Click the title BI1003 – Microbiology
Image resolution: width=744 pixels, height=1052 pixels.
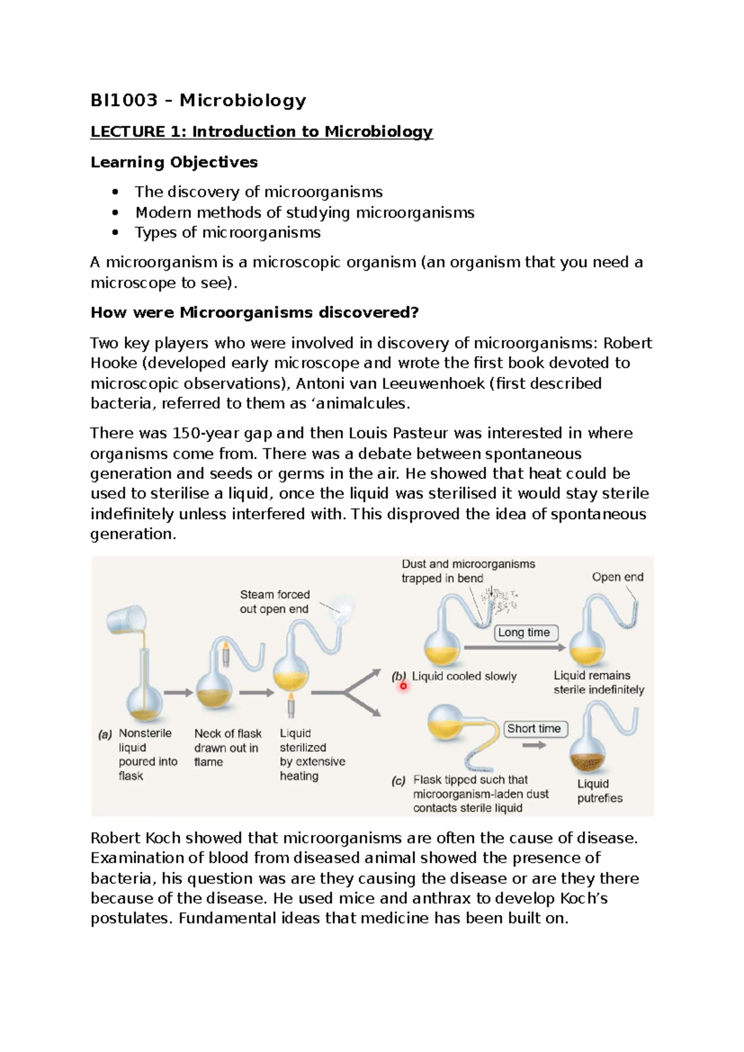[198, 100]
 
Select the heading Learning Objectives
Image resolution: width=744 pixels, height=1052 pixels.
[174, 163]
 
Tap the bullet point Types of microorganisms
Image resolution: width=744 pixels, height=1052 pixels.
[228, 233]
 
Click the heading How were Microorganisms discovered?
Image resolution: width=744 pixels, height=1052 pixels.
[255, 313]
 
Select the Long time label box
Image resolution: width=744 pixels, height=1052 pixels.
[524, 633]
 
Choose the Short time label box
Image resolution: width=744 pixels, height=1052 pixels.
[534, 729]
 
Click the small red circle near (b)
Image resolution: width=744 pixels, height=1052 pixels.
[403, 686]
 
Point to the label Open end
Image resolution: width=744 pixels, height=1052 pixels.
[618, 577]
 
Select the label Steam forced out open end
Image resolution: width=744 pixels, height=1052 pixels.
[275, 602]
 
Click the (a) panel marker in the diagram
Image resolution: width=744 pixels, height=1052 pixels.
[105, 734]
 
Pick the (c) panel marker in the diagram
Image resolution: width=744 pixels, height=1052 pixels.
[398, 781]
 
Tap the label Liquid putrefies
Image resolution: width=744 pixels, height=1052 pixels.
[600, 791]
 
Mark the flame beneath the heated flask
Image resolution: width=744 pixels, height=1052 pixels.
[290, 705]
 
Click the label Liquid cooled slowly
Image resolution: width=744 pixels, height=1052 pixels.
[464, 677]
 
